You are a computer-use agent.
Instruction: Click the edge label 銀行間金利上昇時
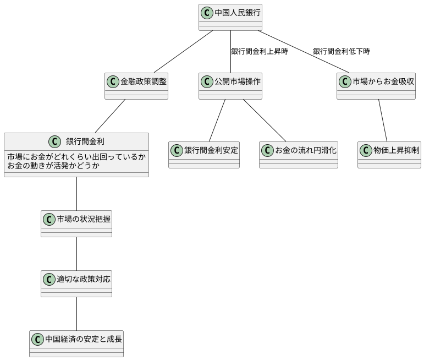click(259, 51)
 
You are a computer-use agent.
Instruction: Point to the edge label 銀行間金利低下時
click(341, 51)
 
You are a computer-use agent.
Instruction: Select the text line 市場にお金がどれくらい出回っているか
click(76, 157)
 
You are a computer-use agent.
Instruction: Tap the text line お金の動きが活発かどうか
click(54, 165)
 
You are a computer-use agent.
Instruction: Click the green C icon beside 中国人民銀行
click(207, 12)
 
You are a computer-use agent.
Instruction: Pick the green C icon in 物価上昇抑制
click(366, 150)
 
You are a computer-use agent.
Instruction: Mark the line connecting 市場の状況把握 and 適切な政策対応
click(76, 254)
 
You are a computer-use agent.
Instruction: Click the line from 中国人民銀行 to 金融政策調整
click(183, 52)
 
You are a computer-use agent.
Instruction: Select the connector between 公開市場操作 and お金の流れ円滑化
click(265, 121)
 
